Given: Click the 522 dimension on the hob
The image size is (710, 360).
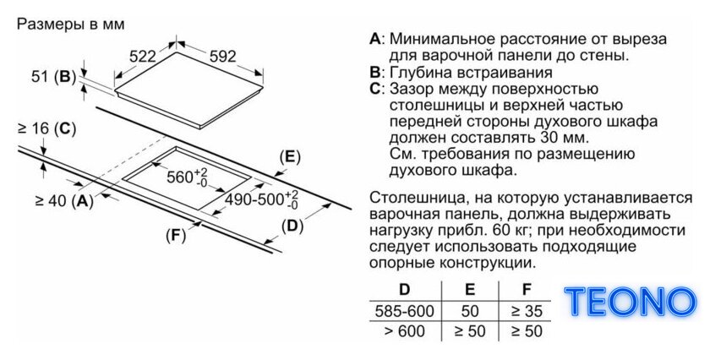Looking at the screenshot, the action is tap(143, 57).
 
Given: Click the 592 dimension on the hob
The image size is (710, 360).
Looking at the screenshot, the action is tap(223, 56).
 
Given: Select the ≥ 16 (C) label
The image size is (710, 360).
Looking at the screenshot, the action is tap(46, 129).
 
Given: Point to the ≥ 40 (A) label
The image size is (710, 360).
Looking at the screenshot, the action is tap(64, 200).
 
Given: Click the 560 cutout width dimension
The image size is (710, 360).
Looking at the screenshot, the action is tap(187, 177).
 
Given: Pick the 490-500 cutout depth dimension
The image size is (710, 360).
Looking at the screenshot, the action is tap(262, 199).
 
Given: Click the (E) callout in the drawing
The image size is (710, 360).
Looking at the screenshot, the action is tap(290, 157).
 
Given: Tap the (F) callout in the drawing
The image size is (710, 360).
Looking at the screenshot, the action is tap(176, 236).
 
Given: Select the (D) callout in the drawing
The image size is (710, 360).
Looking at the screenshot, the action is tap(292, 226).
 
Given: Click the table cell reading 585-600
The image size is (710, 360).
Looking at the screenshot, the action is tap(404, 311).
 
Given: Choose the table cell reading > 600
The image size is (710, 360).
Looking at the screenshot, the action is tap(404, 331).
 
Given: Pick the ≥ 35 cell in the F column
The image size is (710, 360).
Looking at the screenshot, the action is tap(526, 311).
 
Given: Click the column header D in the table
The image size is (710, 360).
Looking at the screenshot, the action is tap(404, 289).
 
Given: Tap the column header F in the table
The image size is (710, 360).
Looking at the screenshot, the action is tap(526, 289).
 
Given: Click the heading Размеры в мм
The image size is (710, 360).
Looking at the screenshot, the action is tap(71, 24).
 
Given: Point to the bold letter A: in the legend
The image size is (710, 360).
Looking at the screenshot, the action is tap(377, 39).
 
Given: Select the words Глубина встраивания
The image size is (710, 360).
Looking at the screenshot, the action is tap(471, 73).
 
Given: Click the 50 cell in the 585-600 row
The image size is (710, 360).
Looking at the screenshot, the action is tap(470, 311).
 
